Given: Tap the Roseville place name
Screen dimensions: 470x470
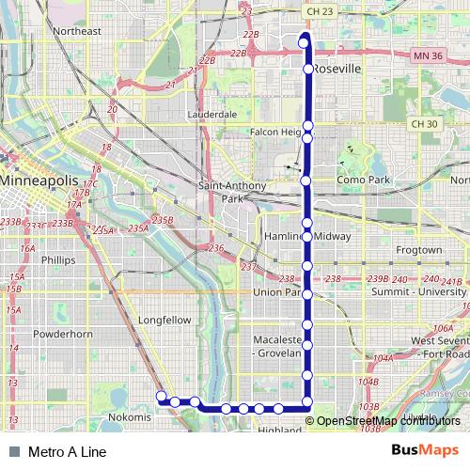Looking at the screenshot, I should pyautogui.click(x=338, y=70).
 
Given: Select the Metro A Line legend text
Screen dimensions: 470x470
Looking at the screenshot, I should pyautogui.click(x=68, y=452).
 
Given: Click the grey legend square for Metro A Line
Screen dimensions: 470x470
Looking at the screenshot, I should pyautogui.click(x=13, y=452).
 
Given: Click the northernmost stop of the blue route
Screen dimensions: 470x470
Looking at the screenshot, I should pyautogui.click(x=305, y=39).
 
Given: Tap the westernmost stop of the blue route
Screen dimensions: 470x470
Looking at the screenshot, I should pyautogui.click(x=161, y=396).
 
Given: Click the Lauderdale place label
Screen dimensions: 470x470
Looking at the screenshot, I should pyautogui.click(x=212, y=115).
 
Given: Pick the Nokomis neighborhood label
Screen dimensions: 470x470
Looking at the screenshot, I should pyautogui.click(x=130, y=416).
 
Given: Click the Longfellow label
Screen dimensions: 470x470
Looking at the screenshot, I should pyautogui.click(x=164, y=320).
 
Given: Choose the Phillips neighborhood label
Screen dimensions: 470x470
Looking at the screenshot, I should pyautogui.click(x=58, y=259).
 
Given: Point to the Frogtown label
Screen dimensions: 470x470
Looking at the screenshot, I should pyautogui.click(x=418, y=251).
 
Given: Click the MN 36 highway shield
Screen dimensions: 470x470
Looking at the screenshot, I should pyautogui.click(x=429, y=57).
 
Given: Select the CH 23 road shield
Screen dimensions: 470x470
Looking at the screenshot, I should pyautogui.click(x=320, y=11).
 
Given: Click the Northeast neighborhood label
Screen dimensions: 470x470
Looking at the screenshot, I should pyautogui.click(x=77, y=31).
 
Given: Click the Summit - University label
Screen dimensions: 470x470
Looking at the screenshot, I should pyautogui.click(x=420, y=293).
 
